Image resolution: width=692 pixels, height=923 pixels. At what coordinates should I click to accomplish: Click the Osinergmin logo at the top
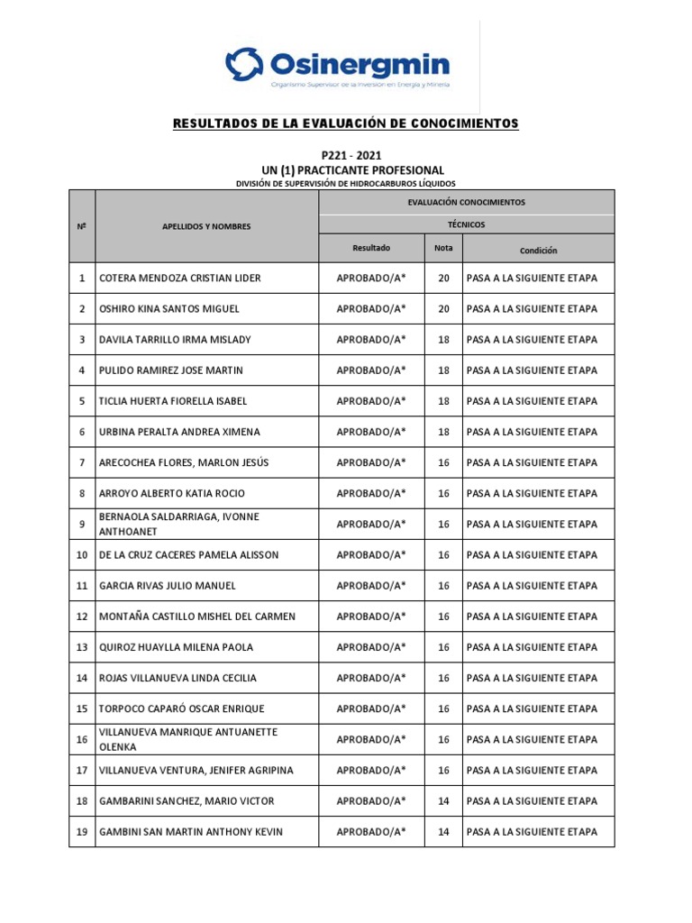coord(337,66)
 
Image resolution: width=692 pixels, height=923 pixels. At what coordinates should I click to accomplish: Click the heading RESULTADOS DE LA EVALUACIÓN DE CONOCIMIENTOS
coord(346,123)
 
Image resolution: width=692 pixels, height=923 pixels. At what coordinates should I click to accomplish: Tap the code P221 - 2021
coord(346,155)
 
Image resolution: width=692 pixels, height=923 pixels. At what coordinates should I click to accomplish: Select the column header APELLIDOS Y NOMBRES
coord(206,226)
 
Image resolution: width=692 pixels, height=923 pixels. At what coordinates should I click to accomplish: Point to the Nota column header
coord(443,248)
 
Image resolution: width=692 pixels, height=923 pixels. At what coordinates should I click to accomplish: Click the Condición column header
coord(538,250)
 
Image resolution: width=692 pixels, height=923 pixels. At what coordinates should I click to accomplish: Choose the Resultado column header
coord(371,248)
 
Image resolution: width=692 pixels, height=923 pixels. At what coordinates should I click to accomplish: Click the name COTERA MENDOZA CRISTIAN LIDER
coord(179,279)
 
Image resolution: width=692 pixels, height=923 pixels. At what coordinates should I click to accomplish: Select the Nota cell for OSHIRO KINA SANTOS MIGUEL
coord(443,309)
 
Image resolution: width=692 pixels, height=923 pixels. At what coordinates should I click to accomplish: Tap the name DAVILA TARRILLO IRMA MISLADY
coord(175,340)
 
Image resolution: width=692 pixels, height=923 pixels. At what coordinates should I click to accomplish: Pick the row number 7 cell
coord(82,462)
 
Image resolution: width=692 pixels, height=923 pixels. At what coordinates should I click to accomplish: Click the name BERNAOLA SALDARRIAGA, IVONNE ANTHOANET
coord(178,524)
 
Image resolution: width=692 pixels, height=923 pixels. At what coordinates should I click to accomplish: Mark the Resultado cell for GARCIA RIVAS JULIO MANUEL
coord(371,586)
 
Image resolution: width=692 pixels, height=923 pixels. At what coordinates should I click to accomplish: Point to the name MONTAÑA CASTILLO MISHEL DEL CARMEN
coord(196,617)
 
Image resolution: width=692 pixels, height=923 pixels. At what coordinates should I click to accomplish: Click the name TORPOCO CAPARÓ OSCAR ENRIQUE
coord(181,708)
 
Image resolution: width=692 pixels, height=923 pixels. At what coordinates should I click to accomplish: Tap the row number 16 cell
coord(82,739)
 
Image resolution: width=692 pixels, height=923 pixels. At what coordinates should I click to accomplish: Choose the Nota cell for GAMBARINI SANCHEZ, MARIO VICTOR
coord(443,800)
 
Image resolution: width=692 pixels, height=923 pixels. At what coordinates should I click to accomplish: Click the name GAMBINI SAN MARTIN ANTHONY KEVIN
coord(190,832)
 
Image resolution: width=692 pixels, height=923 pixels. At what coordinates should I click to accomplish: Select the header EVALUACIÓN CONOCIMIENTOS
coord(467,202)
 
